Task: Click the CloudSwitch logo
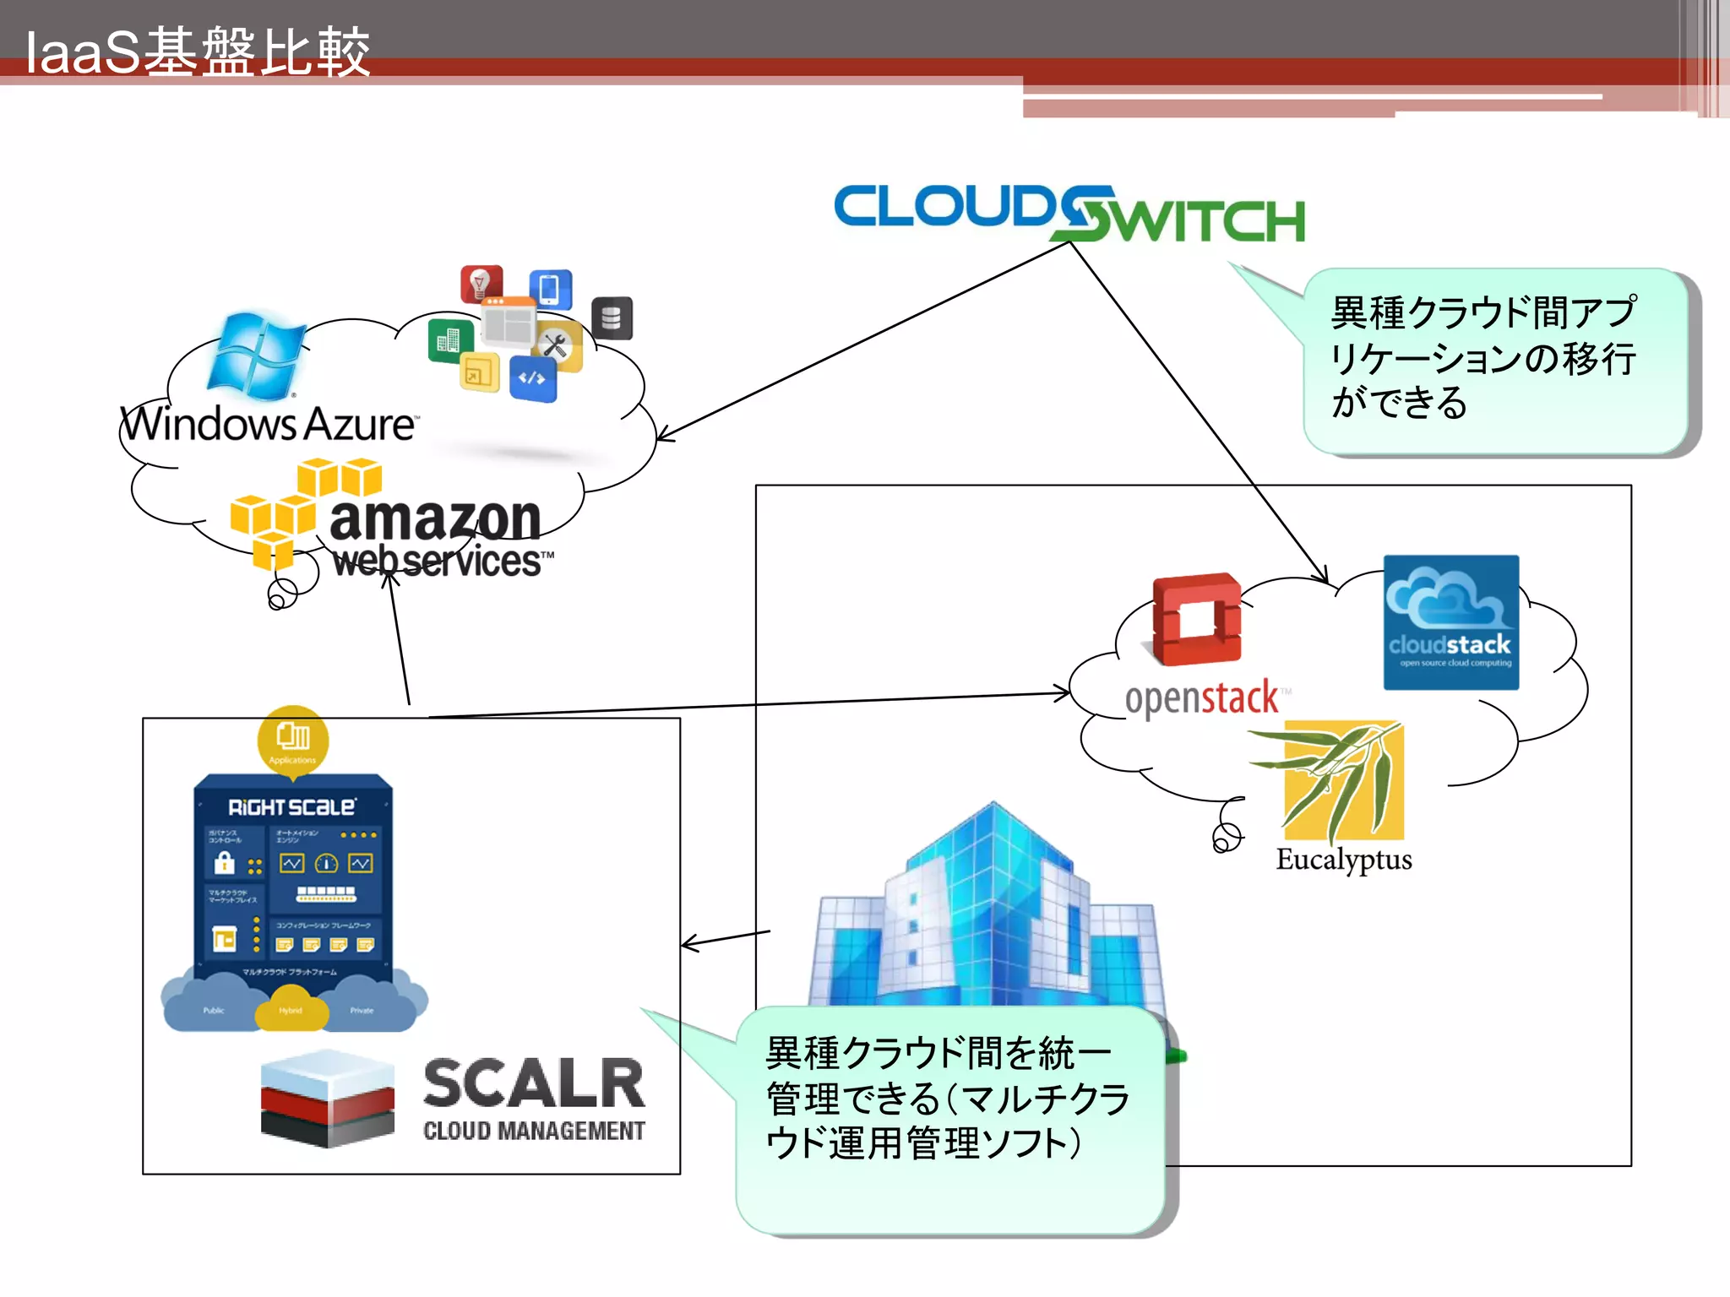tap(1069, 213)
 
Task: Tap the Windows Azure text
tap(269, 424)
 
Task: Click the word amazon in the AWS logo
tap(434, 518)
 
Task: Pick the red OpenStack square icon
tap(1196, 619)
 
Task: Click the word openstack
tap(1201, 698)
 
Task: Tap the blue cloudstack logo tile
tap(1450, 622)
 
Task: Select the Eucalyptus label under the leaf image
tap(1343, 860)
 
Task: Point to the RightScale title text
tap(291, 807)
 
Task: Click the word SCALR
tap(534, 1083)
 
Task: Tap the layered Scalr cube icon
tap(328, 1098)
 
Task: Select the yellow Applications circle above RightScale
tap(292, 739)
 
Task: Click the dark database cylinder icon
tap(612, 318)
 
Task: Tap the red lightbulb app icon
tap(481, 284)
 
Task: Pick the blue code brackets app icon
tap(532, 378)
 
